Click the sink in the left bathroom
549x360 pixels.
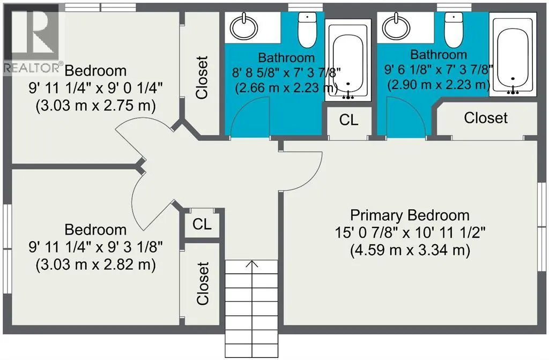point(243,27)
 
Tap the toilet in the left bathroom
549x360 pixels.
point(307,30)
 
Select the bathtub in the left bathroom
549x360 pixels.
point(347,60)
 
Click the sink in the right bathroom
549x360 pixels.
point(396,27)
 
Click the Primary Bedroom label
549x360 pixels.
point(410,215)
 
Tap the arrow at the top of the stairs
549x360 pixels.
point(252,264)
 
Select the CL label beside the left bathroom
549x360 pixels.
point(348,120)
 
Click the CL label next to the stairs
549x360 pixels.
point(202,224)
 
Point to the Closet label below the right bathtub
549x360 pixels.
point(486,118)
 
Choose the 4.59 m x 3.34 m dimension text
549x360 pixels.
point(410,250)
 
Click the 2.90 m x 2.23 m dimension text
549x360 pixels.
point(439,85)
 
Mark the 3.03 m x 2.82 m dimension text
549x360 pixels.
point(95,265)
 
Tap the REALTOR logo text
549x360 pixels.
point(32,67)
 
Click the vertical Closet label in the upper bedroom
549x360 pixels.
point(202,77)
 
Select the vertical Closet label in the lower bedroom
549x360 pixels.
point(202,283)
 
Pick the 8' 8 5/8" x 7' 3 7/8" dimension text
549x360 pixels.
point(286,72)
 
